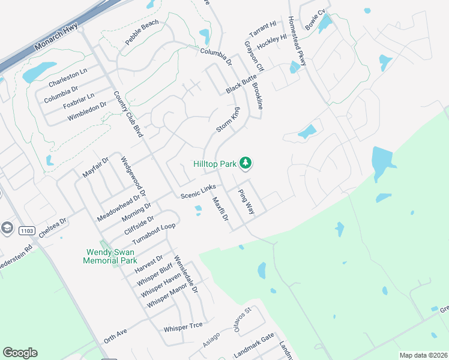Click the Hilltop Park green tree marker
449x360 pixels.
point(245,163)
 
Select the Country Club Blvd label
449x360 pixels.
point(127,114)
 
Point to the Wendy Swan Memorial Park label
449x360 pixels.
point(111,256)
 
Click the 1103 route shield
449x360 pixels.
point(26,230)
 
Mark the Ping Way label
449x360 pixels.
point(247,202)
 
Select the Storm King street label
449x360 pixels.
point(228,120)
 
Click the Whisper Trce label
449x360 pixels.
point(183,328)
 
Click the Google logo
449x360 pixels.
point(20,353)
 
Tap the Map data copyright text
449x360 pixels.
point(423,355)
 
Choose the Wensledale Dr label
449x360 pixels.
point(186,275)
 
